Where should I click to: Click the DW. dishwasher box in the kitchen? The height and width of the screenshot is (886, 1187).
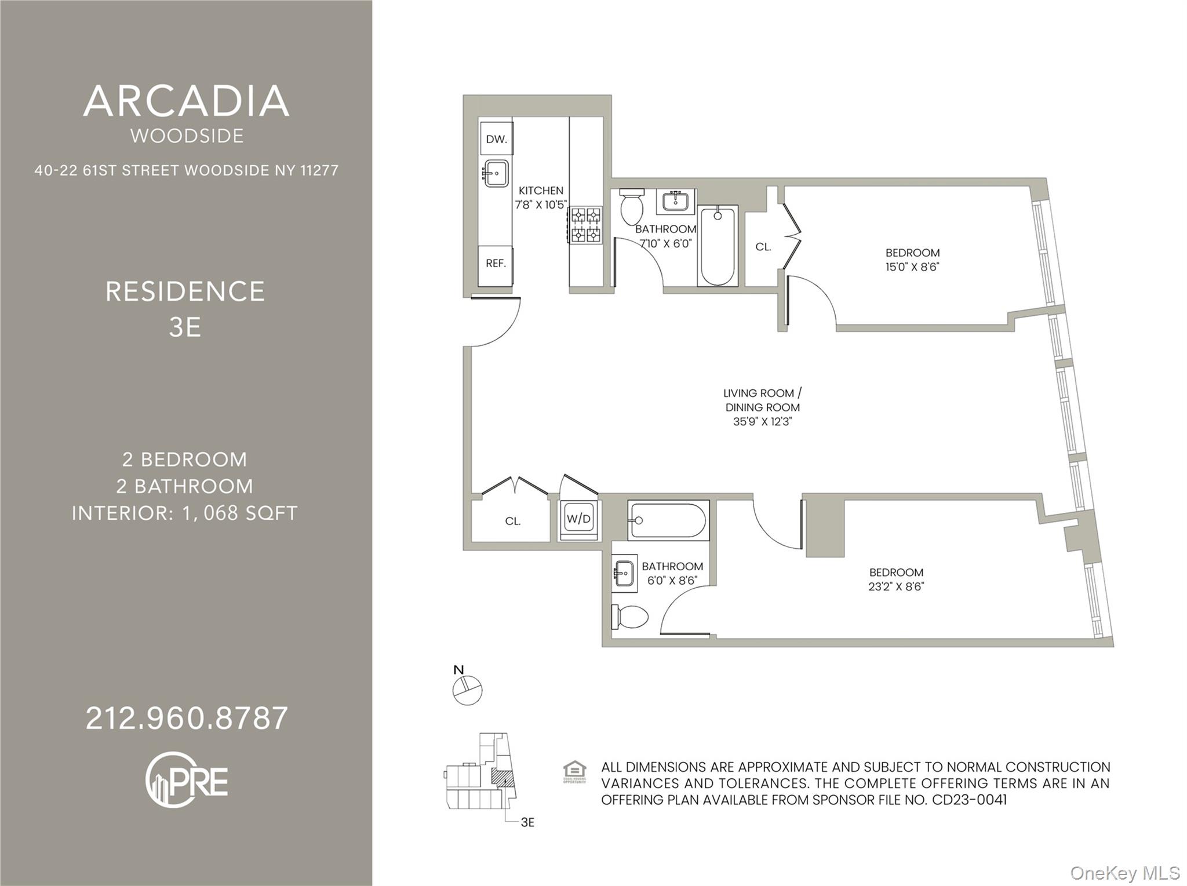coord(496,139)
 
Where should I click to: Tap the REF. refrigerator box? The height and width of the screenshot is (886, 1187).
coord(496,264)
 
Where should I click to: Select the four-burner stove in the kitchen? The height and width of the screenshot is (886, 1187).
coord(585,225)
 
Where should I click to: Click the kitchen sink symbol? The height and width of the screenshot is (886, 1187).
coord(496,173)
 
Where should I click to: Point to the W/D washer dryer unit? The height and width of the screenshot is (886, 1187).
coord(578,519)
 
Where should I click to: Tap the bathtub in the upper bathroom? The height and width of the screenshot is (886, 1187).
coord(718,246)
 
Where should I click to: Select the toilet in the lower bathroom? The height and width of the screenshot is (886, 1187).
coord(630,617)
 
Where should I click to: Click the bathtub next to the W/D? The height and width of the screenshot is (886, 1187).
coord(668,520)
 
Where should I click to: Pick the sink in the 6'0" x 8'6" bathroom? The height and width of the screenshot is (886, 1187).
coord(624,574)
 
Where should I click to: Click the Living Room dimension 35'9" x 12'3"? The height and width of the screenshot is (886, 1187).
coord(762,422)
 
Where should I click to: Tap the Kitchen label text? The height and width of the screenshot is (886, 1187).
coord(541,191)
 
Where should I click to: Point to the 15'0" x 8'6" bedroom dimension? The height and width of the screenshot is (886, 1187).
coord(912,267)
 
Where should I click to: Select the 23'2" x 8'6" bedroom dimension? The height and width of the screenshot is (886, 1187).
coord(895,586)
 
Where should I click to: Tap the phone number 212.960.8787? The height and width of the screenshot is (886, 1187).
coord(187,719)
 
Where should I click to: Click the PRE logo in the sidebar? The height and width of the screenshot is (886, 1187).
coord(187,780)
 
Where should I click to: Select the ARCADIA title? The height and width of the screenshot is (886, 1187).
coord(186,101)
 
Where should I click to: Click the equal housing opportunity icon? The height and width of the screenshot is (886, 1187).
coord(574,772)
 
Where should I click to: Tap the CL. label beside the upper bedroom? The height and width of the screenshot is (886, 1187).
coord(763,247)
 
